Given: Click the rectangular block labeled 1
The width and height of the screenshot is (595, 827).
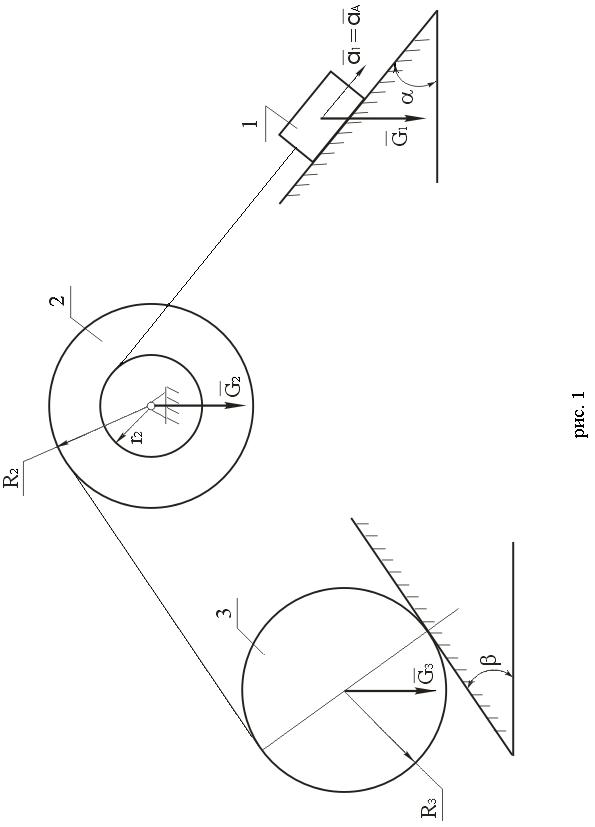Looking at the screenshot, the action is pyautogui.click(x=321, y=116).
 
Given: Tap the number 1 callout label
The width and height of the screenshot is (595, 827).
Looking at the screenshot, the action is pyautogui.click(x=252, y=124).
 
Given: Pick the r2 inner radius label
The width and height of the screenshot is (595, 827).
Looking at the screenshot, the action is pyautogui.click(x=136, y=437).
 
